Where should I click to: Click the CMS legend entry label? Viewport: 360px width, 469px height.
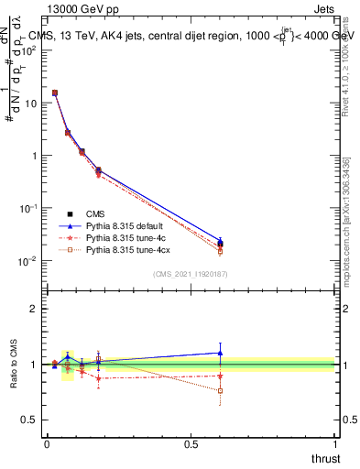pyautogui.click(x=96, y=213)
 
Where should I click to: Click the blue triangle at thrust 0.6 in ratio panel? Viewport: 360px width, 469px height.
pyautogui.click(x=220, y=353)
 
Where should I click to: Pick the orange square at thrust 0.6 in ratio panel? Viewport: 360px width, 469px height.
pyautogui.click(x=220, y=391)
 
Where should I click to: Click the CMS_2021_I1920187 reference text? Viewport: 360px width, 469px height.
pyautogui.click(x=190, y=273)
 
